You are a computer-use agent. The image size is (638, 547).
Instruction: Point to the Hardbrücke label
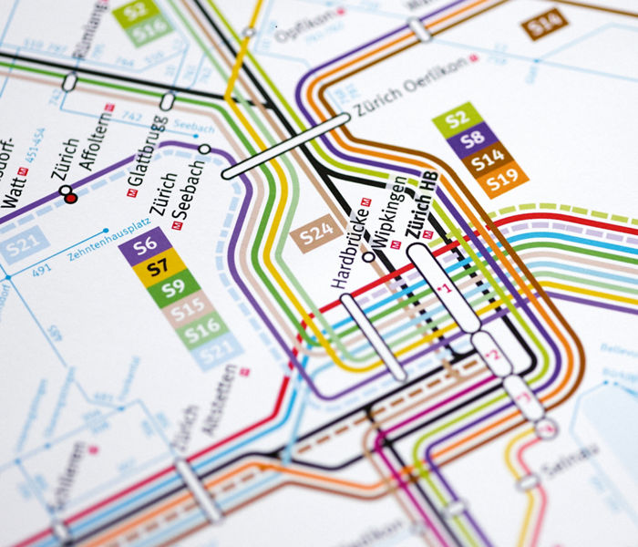click(x=350, y=251)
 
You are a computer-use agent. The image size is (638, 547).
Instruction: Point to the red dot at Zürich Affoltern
click(x=72, y=197)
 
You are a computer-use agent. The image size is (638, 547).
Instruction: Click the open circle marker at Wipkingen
click(x=369, y=258)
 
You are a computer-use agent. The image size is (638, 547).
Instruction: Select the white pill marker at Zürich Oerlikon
click(x=285, y=146)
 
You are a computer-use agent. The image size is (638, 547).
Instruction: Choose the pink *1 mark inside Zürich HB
click(x=445, y=290)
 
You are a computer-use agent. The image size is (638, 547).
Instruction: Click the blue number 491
click(x=41, y=270)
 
